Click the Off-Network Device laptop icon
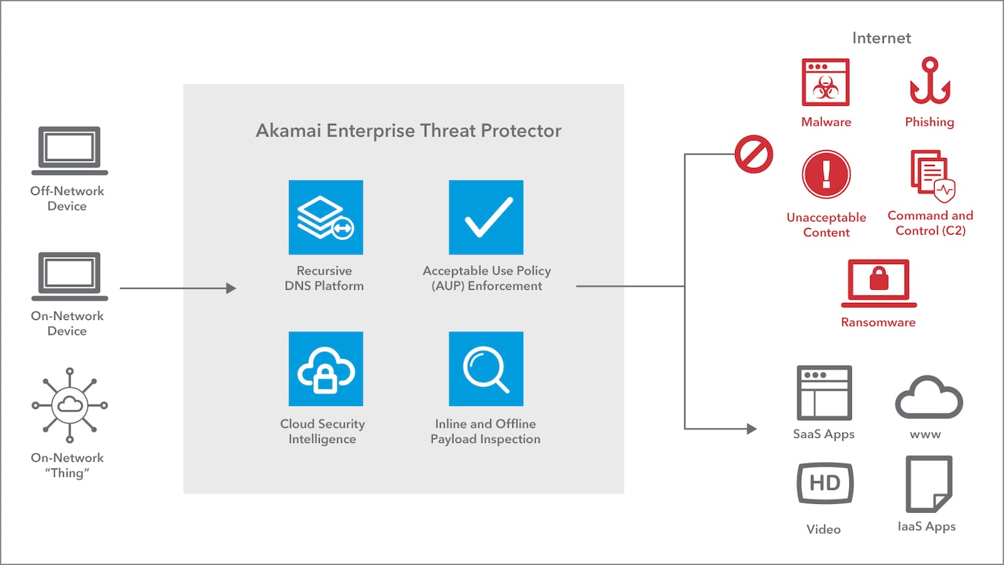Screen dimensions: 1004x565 (x=70, y=151)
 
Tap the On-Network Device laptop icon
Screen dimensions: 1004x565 (x=70, y=277)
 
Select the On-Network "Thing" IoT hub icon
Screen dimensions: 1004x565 (x=70, y=405)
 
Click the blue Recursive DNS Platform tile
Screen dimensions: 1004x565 (x=326, y=217)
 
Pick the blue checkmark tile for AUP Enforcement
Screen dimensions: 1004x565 (x=486, y=217)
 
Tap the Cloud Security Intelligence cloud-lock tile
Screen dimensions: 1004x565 (x=326, y=369)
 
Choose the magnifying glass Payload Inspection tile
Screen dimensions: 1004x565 (x=486, y=369)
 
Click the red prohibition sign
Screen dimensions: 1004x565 (x=754, y=154)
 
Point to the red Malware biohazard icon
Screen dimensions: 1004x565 (x=825, y=82)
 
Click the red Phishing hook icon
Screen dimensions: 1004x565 (x=930, y=81)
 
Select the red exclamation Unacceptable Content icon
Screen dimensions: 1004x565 (x=826, y=174)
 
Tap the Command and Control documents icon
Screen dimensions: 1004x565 (x=933, y=176)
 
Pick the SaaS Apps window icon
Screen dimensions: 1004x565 (x=824, y=393)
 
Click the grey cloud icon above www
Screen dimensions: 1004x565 (x=929, y=397)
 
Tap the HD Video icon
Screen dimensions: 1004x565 (x=825, y=483)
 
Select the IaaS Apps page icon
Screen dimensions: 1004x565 (x=929, y=484)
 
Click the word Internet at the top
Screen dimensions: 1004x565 (x=881, y=38)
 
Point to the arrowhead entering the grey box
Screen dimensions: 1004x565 (x=231, y=288)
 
